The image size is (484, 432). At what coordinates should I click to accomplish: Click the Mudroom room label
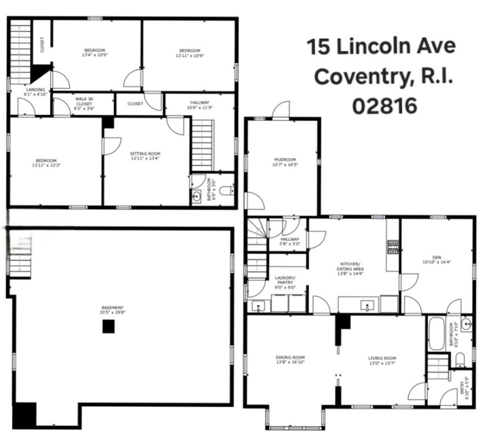point(284,159)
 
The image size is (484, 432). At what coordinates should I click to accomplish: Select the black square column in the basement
point(108,326)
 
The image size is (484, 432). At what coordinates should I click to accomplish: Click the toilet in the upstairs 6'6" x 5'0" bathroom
point(227,191)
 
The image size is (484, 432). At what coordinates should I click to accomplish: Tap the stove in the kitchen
point(392,246)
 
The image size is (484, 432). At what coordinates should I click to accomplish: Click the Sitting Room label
point(145,154)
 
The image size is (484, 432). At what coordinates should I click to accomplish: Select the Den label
point(436,257)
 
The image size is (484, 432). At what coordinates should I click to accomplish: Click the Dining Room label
point(290,357)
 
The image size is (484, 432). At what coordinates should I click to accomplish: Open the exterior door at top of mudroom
point(281,111)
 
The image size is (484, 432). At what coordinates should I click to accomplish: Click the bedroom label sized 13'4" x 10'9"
point(94,50)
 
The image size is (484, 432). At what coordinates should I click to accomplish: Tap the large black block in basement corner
point(24,415)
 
